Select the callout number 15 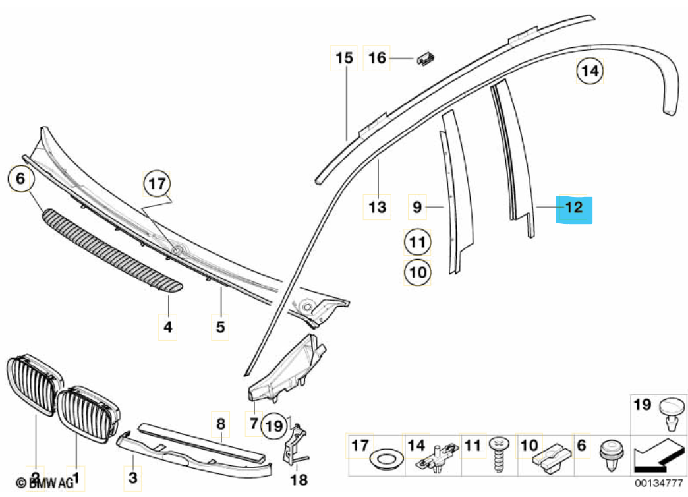(x=345, y=58)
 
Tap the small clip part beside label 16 (x=426, y=59)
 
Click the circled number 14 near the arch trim (x=590, y=71)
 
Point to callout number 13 (x=377, y=208)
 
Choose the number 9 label (x=417, y=207)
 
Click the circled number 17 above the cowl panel (x=158, y=184)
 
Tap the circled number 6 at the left (x=20, y=178)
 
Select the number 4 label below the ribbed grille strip (x=169, y=326)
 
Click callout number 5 (x=221, y=326)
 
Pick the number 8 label (x=221, y=424)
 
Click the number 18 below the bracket (x=299, y=479)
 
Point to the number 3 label (x=132, y=476)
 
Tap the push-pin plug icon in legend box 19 (x=670, y=415)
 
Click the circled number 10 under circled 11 (x=417, y=271)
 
